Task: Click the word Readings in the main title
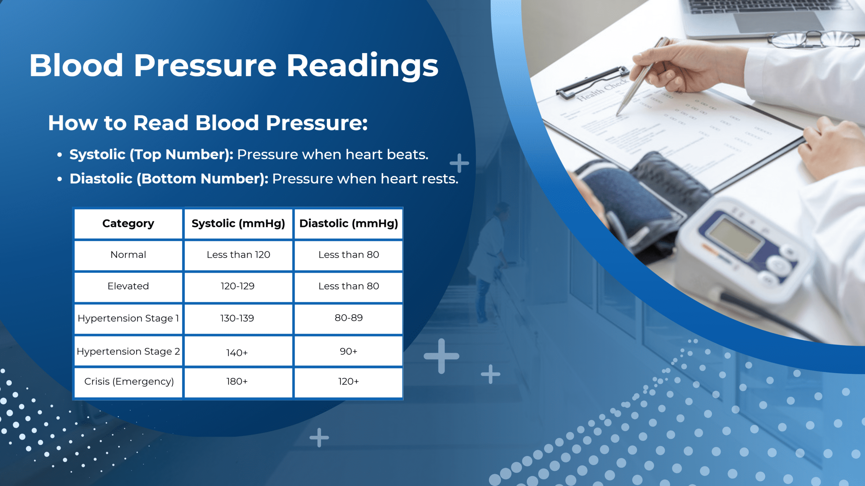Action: (362, 66)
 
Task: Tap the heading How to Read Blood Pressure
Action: (208, 123)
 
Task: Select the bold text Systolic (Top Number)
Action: (151, 155)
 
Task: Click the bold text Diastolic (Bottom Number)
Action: (169, 179)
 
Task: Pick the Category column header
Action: (128, 223)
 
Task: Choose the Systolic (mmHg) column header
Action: (238, 223)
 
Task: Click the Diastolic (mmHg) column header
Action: (348, 223)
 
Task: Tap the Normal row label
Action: (128, 255)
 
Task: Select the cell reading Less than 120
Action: (238, 255)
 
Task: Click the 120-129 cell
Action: (238, 286)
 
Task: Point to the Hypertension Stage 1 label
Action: (128, 318)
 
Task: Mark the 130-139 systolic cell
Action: (237, 318)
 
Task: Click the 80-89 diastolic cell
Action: (348, 318)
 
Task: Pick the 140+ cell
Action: (237, 353)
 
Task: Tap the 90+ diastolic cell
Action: (348, 351)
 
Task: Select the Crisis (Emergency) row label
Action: (129, 381)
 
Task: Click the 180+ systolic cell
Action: (237, 381)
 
